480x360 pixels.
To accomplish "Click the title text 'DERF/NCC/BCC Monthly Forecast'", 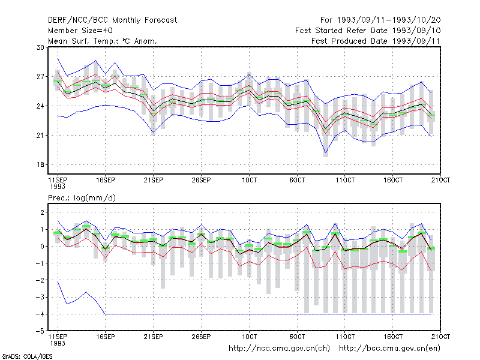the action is [x=112, y=20].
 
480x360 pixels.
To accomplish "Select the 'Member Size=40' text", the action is [x=80, y=31].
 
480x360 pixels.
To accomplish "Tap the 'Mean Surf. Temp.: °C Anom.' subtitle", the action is [x=102, y=41].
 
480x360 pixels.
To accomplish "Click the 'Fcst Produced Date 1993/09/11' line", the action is [x=376, y=41].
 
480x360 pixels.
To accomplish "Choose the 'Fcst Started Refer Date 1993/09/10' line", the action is [x=368, y=31].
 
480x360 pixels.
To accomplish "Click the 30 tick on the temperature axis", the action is [x=40, y=47].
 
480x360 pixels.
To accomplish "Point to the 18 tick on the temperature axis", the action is [x=40, y=164].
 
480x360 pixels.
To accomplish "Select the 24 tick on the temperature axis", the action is [x=40, y=106].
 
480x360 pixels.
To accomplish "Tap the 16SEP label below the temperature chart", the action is [x=106, y=180].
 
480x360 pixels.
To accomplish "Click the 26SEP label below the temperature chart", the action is [x=201, y=180].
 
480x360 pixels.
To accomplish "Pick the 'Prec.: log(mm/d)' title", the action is [x=82, y=198].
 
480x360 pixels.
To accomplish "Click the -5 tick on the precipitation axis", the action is [x=40, y=331].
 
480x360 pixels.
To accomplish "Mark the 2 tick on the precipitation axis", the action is [x=42, y=212].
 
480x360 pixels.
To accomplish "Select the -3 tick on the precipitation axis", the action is [x=40, y=297].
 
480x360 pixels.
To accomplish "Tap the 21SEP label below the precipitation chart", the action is [x=153, y=337].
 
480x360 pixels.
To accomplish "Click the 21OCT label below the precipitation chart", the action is [x=440, y=337].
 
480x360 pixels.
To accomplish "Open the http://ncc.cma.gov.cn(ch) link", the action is [x=279, y=349].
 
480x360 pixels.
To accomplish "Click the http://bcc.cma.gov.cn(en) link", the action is [x=389, y=349].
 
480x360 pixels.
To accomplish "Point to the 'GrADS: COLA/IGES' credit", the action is [x=27, y=356].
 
